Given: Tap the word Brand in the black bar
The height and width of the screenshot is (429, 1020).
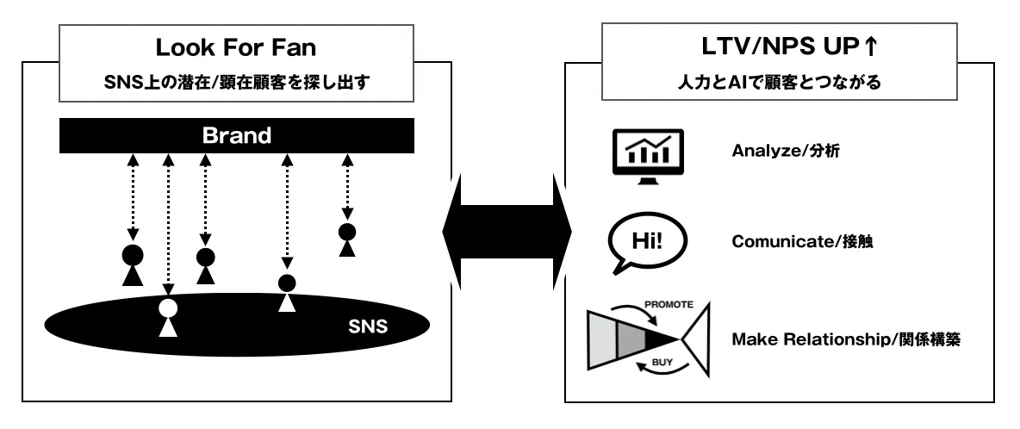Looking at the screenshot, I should tap(236, 135).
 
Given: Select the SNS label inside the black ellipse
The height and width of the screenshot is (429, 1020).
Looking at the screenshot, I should tap(369, 326).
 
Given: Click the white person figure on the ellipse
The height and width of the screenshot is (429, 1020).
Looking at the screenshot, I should tap(168, 317).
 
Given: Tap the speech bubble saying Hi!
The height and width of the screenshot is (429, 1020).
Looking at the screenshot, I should tap(647, 240).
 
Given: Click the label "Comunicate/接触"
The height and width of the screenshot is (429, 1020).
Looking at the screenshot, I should tap(803, 242).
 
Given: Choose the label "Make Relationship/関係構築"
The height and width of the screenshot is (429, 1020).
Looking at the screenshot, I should tap(845, 339).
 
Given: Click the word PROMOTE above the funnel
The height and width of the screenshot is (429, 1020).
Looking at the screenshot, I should tap(668, 304).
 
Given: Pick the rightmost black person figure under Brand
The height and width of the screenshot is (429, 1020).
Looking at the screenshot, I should tap(347, 239).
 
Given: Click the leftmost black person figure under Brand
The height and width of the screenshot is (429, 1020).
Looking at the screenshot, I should tap(132, 264).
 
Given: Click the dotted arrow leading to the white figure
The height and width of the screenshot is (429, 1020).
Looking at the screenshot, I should tap(168, 224).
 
